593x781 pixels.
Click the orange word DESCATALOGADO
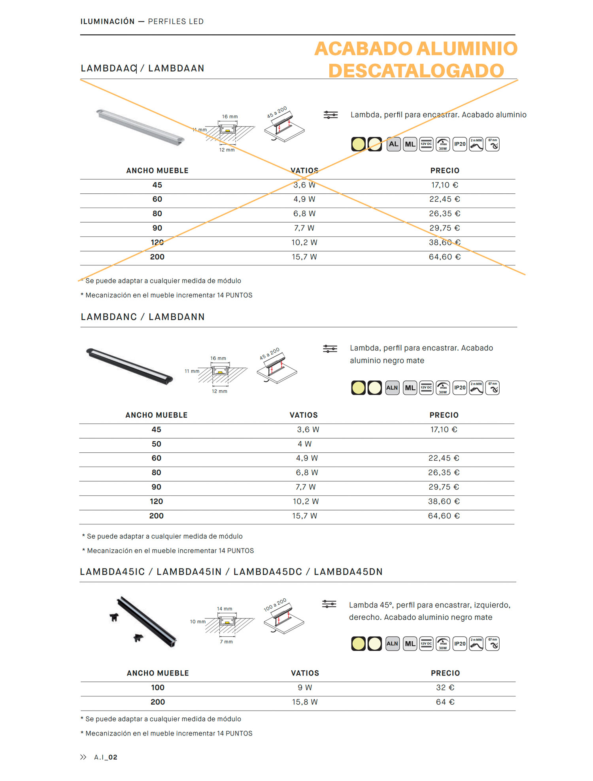click(x=416, y=71)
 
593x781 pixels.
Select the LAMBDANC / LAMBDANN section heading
click(x=142, y=317)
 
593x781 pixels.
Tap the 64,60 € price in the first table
click(x=444, y=257)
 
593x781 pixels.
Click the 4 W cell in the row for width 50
click(x=304, y=444)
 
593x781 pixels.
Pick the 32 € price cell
click(x=445, y=688)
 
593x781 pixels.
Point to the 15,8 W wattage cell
click(x=304, y=702)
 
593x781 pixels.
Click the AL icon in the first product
click(x=393, y=144)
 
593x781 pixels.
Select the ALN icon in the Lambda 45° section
click(x=392, y=644)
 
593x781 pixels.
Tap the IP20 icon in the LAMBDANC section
click(x=459, y=388)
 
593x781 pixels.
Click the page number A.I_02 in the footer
click(x=106, y=757)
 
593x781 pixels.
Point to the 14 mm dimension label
click(x=225, y=609)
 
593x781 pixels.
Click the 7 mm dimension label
click(x=227, y=641)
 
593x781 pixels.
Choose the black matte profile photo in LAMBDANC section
click(x=130, y=366)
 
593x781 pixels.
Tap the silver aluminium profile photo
click(x=140, y=127)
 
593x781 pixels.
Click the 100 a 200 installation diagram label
click(x=275, y=605)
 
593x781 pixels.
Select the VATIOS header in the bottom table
click(x=305, y=673)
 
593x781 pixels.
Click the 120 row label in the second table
click(x=156, y=501)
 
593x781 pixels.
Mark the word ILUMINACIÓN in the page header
click(x=108, y=22)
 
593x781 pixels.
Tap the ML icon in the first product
click(x=410, y=144)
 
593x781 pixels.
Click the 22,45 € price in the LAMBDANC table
click(x=444, y=458)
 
